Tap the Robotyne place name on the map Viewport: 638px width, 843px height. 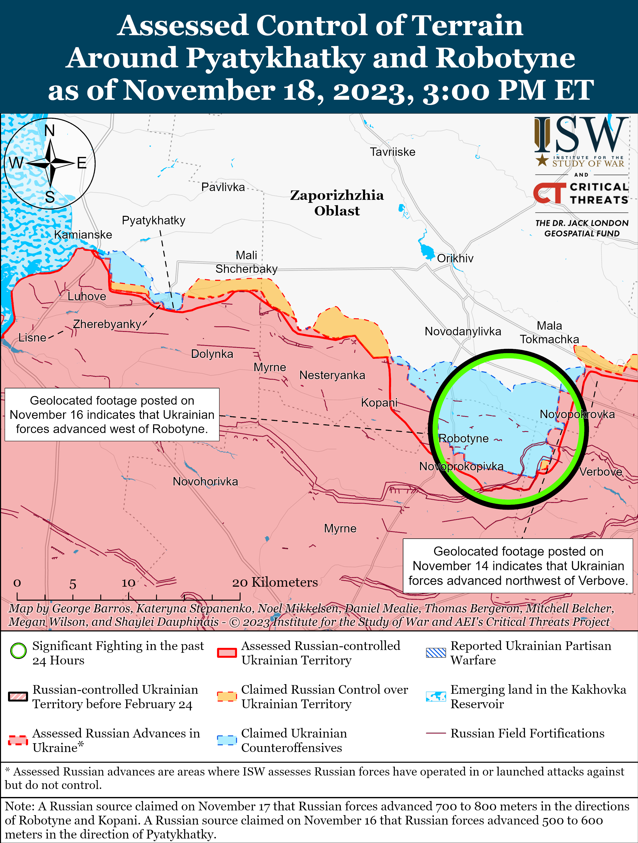point(463,438)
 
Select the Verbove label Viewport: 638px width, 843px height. point(601,472)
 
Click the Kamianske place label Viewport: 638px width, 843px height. point(83,235)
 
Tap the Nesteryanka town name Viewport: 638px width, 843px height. point(332,375)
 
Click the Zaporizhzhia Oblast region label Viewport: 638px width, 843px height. point(337,203)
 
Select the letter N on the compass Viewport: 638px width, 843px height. point(50,131)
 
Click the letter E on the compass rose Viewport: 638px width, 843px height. point(82,163)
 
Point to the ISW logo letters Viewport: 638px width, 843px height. point(581,135)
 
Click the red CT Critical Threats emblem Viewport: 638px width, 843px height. point(549,193)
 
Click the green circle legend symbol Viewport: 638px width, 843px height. point(18,651)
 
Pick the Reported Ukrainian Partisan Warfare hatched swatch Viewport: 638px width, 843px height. point(436,653)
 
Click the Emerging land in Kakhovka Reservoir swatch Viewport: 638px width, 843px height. point(436,696)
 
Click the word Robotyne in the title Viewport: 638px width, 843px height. point(505,58)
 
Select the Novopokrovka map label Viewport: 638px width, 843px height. point(577,414)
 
